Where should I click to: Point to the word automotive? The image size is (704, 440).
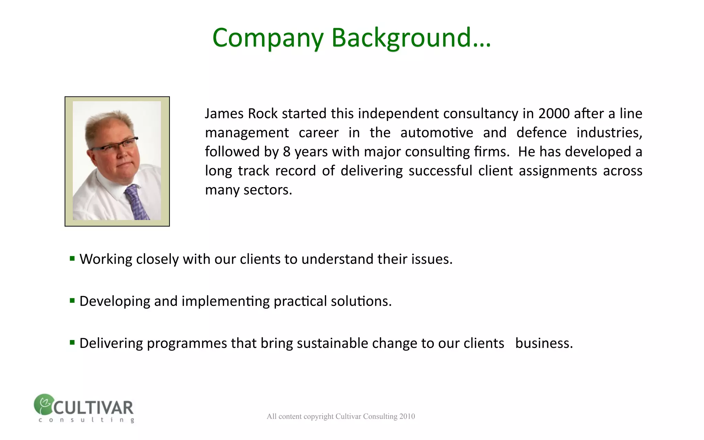pos(437,133)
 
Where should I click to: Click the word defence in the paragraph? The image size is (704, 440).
pos(541,133)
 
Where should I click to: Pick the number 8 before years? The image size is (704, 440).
pos(287,152)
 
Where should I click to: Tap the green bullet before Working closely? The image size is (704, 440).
pos(72,258)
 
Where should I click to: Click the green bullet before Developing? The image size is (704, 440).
pos(72,301)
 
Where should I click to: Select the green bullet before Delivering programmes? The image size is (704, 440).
pos(72,342)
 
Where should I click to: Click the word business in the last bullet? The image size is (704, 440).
pos(544,343)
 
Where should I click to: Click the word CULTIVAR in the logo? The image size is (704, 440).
pos(93,408)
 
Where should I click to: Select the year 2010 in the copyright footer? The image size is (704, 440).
pos(407,417)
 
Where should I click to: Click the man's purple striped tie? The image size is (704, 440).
pos(137,203)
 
